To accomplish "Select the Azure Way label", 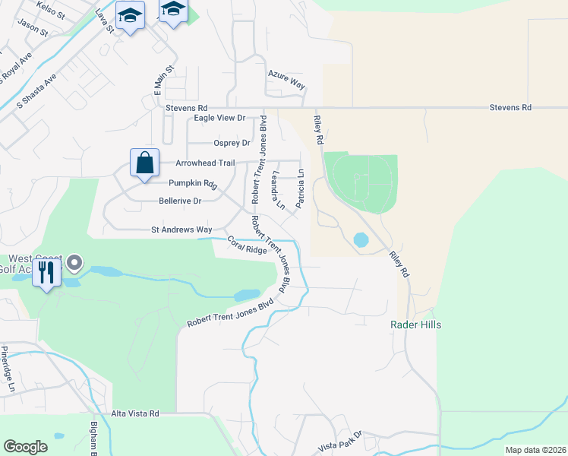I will [x=286, y=80].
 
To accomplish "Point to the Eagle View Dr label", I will [x=219, y=118].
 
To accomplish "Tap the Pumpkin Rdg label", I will [x=193, y=183].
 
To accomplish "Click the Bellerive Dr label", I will [x=180, y=201].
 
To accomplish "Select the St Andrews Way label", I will [x=181, y=229].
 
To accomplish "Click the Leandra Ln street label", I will [x=277, y=191].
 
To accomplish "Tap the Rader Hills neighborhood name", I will [x=415, y=325].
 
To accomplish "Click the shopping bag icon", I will [x=144, y=163].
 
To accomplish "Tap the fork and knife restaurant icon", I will [x=46, y=273].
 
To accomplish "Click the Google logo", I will [x=25, y=447].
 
